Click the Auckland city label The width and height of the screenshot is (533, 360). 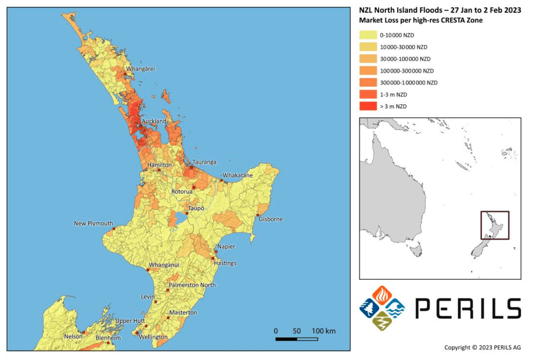pos(154,121)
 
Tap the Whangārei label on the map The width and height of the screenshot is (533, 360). pos(141,69)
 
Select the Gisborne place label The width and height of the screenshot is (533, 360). pos(271,219)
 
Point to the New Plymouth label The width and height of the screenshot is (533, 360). pos(94,223)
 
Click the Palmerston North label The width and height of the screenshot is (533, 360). pos(192,285)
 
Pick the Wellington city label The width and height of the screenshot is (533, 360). pos(153,337)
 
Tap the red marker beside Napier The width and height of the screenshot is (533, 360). pos(216,252)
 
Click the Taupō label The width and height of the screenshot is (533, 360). pos(196,208)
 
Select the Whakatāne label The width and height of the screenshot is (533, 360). pos(238,175)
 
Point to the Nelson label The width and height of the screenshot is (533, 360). pos(73,337)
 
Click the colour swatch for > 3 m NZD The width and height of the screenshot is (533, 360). pos(368,106)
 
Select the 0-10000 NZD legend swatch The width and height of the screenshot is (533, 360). pos(368,35)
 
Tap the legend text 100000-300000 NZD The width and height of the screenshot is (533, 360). pos(407,71)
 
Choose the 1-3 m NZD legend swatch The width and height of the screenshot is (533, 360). pos(368,94)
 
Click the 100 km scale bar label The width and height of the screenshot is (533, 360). pos(323,331)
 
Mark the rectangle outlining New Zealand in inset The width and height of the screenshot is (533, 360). pos(495,225)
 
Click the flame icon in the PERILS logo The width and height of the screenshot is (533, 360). pos(382,295)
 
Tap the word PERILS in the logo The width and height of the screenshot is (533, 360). pos(468,309)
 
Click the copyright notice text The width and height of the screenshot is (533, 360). pos(482,348)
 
